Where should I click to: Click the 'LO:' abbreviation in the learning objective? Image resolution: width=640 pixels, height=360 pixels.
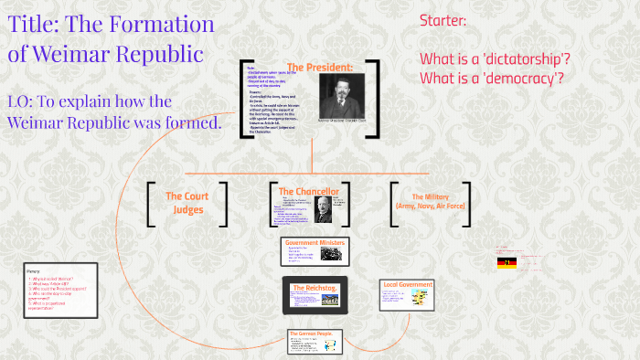click(26, 101)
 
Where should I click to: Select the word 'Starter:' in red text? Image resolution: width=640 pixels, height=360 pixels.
click(443, 20)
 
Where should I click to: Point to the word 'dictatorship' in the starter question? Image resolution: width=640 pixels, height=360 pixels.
click(527, 58)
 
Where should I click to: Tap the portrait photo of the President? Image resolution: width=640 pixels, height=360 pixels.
click(340, 95)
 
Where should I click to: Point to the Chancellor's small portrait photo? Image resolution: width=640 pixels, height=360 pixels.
click(322, 209)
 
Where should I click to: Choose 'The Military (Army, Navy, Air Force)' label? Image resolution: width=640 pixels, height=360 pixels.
click(431, 202)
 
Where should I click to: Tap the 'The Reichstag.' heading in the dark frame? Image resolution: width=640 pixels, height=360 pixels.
click(313, 288)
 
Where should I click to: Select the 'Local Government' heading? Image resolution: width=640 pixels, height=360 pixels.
click(407, 285)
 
